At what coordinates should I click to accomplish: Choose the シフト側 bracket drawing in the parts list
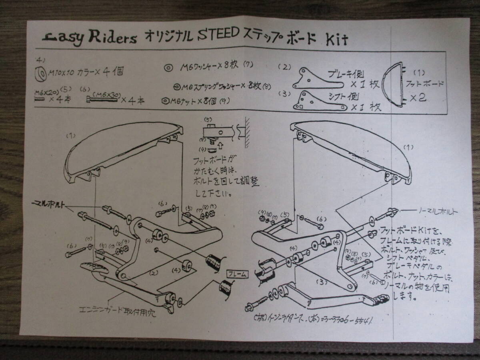(319, 102)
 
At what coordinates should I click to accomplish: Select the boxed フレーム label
(237, 274)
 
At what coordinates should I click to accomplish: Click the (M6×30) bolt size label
(103, 93)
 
